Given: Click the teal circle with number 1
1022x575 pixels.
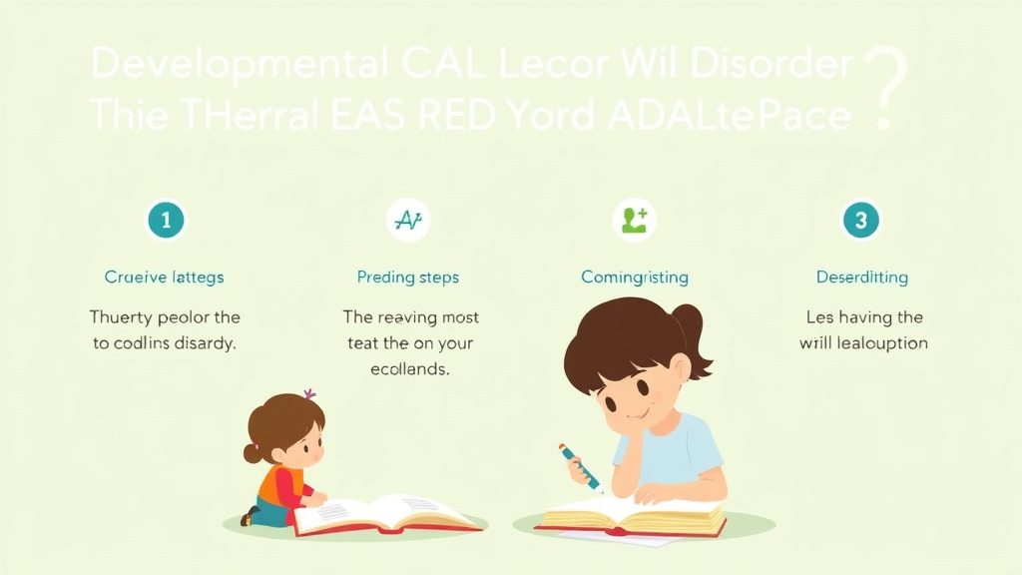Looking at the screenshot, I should [x=166, y=219].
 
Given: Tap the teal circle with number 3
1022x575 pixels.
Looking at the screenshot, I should [x=860, y=219].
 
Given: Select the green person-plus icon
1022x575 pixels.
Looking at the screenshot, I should [x=634, y=219].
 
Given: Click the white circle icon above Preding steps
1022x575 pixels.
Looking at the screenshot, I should [x=407, y=220].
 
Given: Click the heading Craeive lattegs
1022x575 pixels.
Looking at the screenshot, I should [x=165, y=277].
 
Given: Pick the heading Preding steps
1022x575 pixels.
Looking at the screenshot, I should [x=407, y=277].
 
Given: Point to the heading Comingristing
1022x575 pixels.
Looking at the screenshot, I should [x=635, y=277].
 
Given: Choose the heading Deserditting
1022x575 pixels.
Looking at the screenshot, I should [x=861, y=277].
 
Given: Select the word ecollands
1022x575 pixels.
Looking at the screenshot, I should [x=410, y=369].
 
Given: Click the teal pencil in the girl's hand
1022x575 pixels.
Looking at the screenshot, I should [x=580, y=467].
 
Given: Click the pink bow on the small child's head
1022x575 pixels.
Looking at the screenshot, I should [x=309, y=395].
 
